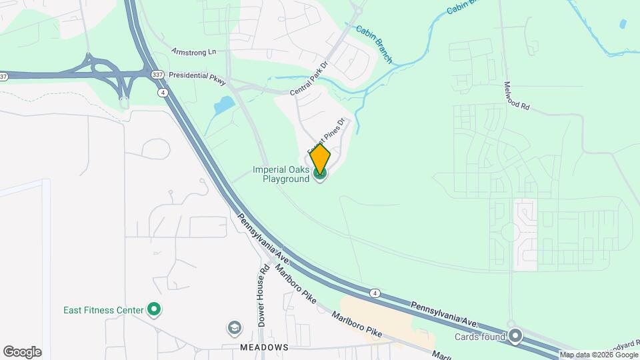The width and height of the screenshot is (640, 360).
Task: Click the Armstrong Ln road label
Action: (x=194, y=51)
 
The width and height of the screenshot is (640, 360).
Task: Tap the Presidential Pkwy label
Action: (x=198, y=77)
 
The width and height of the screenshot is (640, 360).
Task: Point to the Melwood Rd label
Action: (x=517, y=97)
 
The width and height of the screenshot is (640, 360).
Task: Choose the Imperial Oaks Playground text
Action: (x=281, y=174)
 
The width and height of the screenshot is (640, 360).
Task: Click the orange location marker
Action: (x=320, y=159)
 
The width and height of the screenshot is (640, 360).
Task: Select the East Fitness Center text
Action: (x=103, y=309)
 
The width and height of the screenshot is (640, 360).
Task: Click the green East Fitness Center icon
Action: (x=155, y=309)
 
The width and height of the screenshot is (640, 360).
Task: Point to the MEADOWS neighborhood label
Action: (x=265, y=347)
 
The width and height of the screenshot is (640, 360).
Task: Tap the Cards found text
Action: (x=479, y=336)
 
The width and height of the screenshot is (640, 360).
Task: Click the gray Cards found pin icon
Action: (x=515, y=336)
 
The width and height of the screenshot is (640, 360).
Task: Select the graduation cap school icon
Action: (x=234, y=327)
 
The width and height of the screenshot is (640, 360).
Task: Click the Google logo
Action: (x=22, y=351)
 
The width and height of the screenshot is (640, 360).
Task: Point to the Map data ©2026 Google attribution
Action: (x=598, y=355)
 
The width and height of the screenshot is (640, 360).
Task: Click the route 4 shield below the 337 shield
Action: (x=163, y=93)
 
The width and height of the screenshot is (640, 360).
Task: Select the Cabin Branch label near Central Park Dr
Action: (x=373, y=40)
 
